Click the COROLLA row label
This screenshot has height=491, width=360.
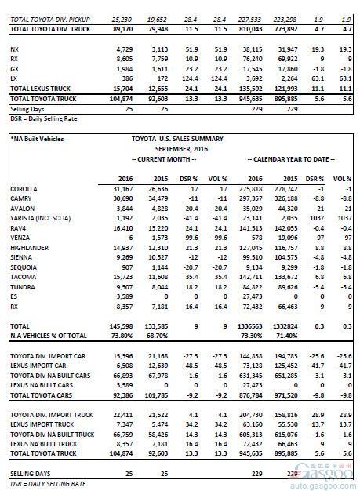click(24, 190)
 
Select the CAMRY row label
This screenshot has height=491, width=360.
click(21, 199)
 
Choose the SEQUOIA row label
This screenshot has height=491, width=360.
click(24, 268)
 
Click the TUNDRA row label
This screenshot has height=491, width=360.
click(23, 288)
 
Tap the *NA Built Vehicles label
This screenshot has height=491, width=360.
click(36, 139)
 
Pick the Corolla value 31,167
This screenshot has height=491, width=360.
click(123, 190)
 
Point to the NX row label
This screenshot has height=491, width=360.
click(14, 49)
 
